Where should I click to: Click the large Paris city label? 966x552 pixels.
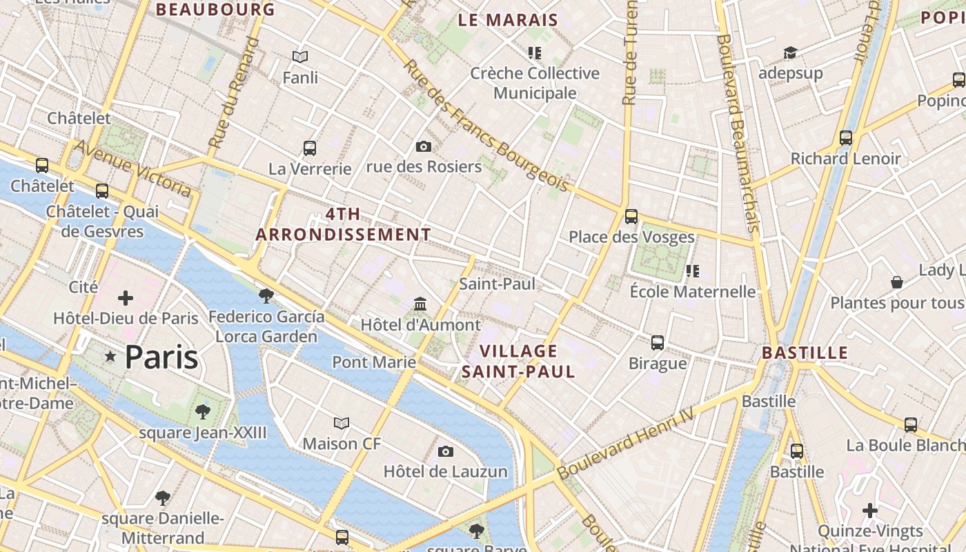coord(161,357)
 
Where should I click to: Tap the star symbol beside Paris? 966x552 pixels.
coord(110,356)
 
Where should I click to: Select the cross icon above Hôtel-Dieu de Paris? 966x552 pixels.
coord(126,298)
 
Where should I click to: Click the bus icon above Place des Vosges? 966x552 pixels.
coord(631,217)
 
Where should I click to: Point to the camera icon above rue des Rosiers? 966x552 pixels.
coord(424,146)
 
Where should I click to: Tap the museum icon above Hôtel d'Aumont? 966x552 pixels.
coord(420,304)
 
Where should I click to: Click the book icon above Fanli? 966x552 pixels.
coord(300,57)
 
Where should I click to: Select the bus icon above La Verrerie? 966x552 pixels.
coord(310,148)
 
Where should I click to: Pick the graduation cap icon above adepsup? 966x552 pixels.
coord(789,52)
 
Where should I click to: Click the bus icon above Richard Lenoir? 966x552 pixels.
coord(846,138)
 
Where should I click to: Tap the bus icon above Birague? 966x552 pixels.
coord(658,342)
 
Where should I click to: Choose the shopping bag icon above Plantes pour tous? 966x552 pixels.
coord(897,282)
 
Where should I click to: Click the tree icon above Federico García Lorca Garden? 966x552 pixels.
coord(266,296)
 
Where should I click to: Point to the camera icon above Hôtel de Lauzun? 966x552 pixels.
coord(446,451)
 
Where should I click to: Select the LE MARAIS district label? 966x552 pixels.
coord(508,21)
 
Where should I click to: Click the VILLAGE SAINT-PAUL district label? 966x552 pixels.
coord(518,362)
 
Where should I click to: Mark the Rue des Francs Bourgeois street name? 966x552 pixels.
coord(486,126)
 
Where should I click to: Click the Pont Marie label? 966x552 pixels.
coord(374,362)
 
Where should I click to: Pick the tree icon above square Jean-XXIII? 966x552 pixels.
coord(203,412)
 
